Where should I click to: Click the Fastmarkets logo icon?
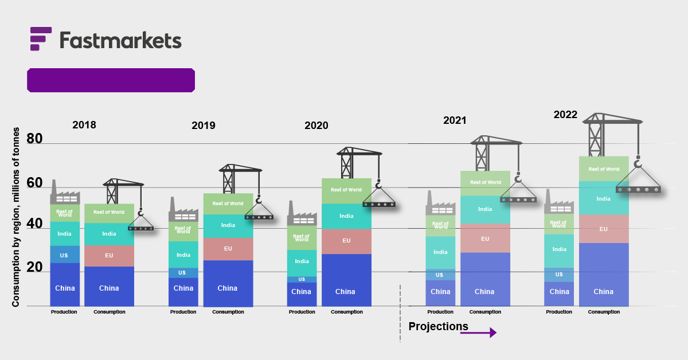pos(41,38)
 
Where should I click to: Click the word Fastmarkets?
pos(120,40)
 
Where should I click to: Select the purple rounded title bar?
pos(111,80)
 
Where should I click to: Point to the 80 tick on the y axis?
pos(34,139)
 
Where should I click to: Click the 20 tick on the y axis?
pos(34,267)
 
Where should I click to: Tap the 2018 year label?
pos(84,125)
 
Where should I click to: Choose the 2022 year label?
pos(565,115)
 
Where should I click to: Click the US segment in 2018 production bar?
pos(64,255)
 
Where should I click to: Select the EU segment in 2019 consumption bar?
pos(228,249)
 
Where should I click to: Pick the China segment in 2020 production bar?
pos(301,292)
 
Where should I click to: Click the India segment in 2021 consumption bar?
pos(485,209)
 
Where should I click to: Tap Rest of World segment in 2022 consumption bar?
pos(604,169)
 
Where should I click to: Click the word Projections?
pos(438,326)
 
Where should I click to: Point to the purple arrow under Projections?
pos(478,332)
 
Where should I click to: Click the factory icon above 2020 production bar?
pos(301,214)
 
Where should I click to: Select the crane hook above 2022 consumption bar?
pos(638,165)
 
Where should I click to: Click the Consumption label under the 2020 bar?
pos(346,312)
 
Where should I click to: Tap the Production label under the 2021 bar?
pos(440,312)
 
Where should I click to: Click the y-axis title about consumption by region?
pos(16,218)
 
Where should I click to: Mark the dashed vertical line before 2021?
pos(400,312)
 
